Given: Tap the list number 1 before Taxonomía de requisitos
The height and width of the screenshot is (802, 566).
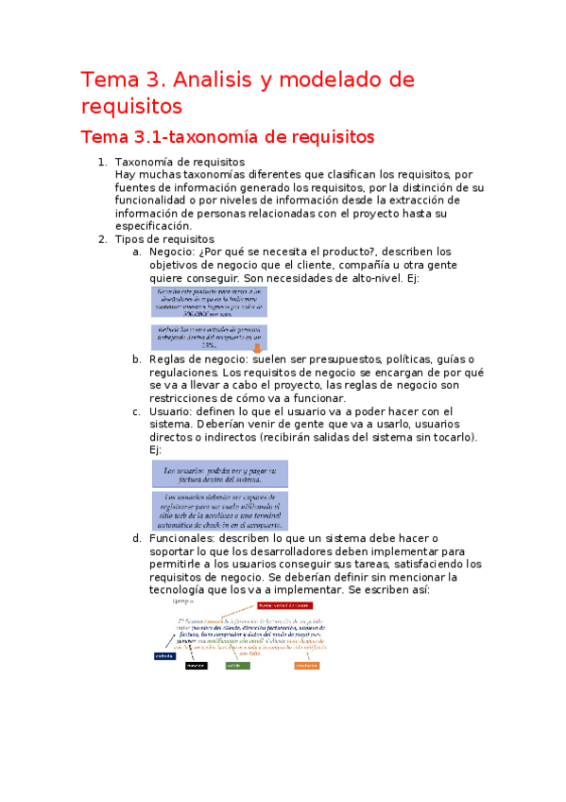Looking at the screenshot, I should coord(102,163).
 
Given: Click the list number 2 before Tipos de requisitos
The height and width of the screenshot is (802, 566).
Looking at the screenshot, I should coord(102,239).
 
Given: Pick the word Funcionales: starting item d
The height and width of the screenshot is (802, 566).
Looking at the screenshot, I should coord(186,538).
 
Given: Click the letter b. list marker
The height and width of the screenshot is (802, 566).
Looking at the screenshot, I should coord(137,359).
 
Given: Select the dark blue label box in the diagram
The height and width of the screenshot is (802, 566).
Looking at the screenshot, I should coord(164,655).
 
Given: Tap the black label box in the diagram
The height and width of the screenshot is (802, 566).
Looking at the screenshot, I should coord(196,666).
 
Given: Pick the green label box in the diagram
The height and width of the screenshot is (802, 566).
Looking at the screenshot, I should coord(237,666).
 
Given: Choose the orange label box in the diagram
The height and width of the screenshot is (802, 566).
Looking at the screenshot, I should coord(305,666).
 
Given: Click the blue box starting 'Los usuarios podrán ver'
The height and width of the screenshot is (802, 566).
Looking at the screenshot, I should coord(220,473).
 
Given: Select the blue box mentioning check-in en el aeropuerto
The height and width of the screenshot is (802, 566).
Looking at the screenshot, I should coord(220,511).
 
